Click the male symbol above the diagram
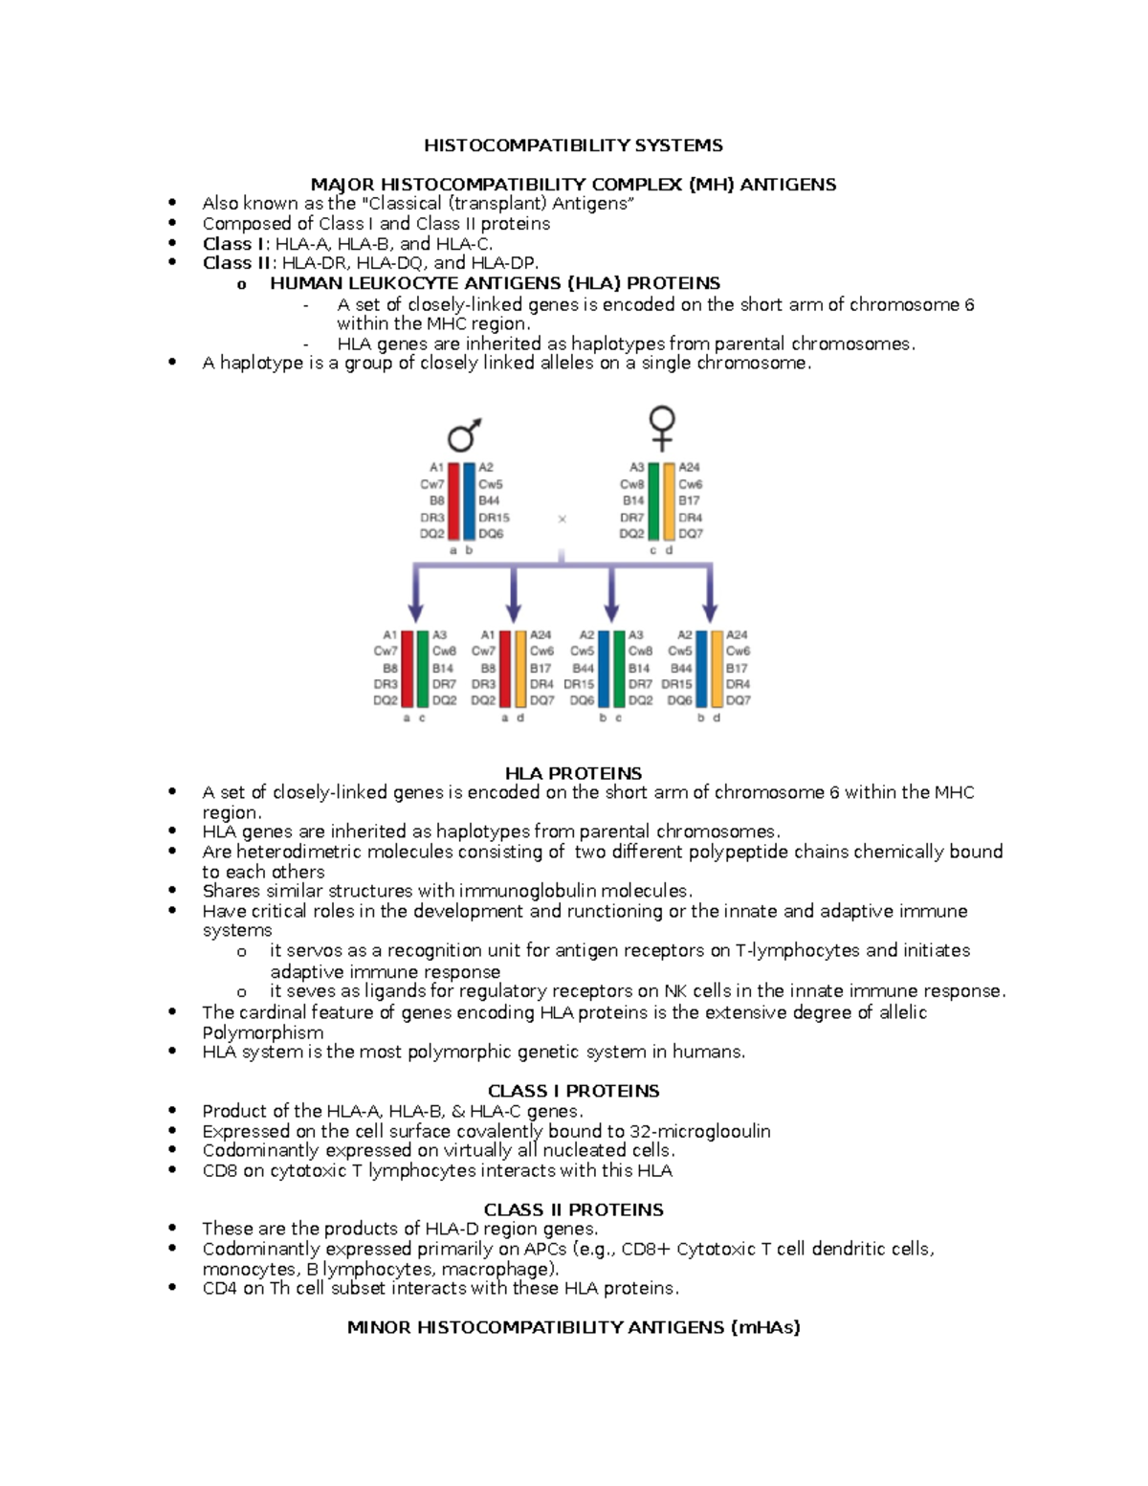[x=464, y=434]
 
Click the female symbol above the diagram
[x=662, y=427]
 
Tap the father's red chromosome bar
[x=453, y=500]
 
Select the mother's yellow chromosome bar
[x=669, y=500]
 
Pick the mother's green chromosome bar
[x=654, y=500]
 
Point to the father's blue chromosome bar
[x=469, y=500]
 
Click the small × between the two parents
[x=562, y=519]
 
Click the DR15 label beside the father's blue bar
[x=495, y=518]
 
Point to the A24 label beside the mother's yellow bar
[x=690, y=468]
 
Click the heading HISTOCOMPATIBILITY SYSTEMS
[x=574, y=145]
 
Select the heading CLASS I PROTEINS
[x=574, y=1091]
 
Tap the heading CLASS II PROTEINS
[x=574, y=1209]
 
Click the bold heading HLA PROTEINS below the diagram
[x=574, y=773]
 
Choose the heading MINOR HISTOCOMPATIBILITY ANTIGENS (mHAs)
[x=574, y=1327]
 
